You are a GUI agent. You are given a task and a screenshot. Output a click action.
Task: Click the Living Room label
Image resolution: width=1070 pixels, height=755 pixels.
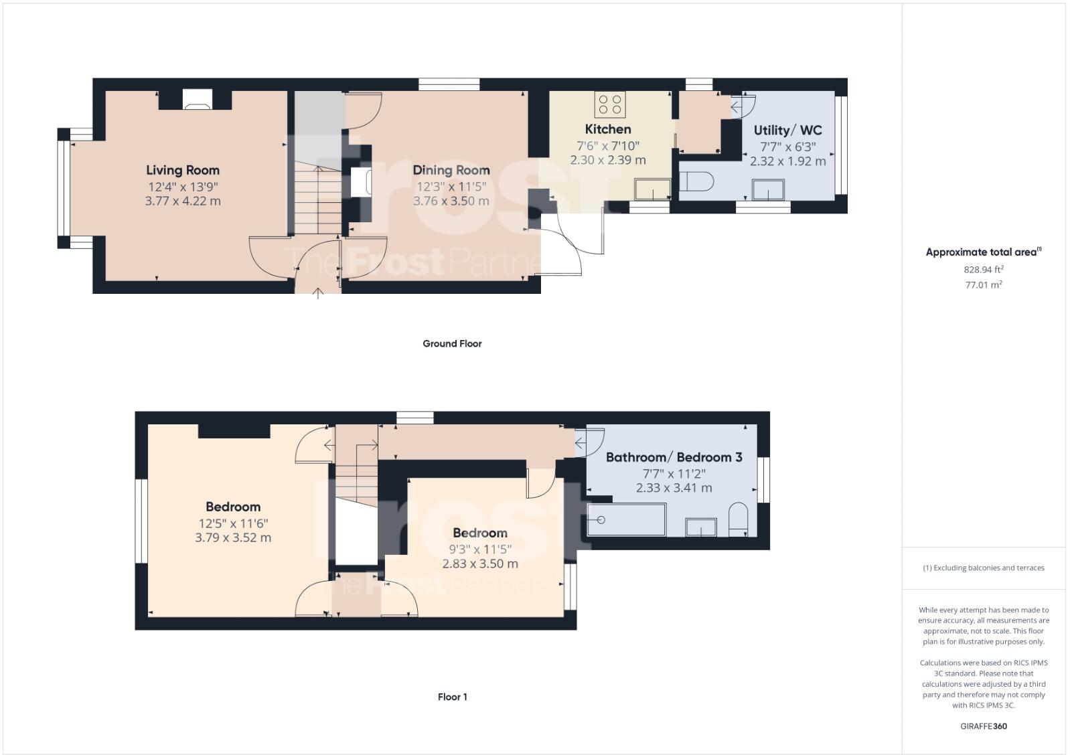pyautogui.click(x=183, y=170)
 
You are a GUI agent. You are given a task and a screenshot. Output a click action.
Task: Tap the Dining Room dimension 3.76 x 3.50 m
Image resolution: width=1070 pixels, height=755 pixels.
pyautogui.click(x=451, y=201)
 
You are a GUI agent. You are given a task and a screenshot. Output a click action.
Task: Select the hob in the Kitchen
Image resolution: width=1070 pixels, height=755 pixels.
pyautogui.click(x=610, y=104)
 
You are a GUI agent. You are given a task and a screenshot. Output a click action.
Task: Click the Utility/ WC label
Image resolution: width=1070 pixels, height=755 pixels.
pyautogui.click(x=787, y=131)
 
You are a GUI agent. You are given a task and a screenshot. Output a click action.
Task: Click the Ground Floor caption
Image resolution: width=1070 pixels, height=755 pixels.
pyautogui.click(x=452, y=343)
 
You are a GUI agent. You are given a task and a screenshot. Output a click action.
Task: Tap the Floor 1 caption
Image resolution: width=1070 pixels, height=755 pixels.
pyautogui.click(x=452, y=697)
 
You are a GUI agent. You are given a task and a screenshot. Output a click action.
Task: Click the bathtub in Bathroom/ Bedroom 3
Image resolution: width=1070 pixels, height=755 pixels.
pyautogui.click(x=626, y=520)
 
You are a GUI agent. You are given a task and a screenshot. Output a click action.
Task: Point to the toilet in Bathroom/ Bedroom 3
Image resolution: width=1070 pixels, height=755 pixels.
pyautogui.click(x=738, y=518)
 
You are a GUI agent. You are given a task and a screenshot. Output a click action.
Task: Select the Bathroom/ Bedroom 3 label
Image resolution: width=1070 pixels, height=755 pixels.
pyautogui.click(x=674, y=457)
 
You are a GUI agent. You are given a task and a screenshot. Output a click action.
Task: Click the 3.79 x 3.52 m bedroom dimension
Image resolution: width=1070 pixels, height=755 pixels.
pyautogui.click(x=233, y=537)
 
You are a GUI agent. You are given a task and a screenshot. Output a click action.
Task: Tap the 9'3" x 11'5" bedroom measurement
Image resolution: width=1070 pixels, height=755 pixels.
pyautogui.click(x=480, y=549)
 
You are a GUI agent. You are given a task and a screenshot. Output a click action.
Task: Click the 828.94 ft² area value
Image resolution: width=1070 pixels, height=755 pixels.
pyautogui.click(x=983, y=270)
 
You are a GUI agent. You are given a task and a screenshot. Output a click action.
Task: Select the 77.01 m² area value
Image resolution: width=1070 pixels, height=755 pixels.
pyautogui.click(x=983, y=284)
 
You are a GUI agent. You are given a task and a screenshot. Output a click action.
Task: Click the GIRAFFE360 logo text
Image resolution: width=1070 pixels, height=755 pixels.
pyautogui.click(x=983, y=726)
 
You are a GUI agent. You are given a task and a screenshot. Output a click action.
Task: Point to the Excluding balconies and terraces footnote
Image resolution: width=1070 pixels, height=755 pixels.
pyautogui.click(x=983, y=568)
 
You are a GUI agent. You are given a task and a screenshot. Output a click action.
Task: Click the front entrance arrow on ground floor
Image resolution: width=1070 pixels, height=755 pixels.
pyautogui.click(x=317, y=292)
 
